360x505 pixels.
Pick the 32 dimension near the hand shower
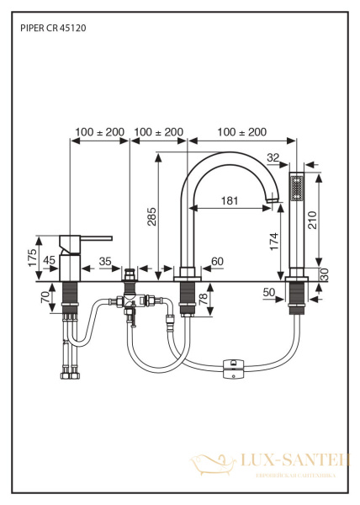(272, 157)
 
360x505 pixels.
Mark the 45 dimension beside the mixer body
(49, 260)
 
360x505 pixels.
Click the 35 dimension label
(105, 261)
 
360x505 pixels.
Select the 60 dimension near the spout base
(217, 261)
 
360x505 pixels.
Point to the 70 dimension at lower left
(45, 296)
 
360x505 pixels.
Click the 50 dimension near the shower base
(269, 291)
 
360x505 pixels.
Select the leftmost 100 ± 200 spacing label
(98, 132)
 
